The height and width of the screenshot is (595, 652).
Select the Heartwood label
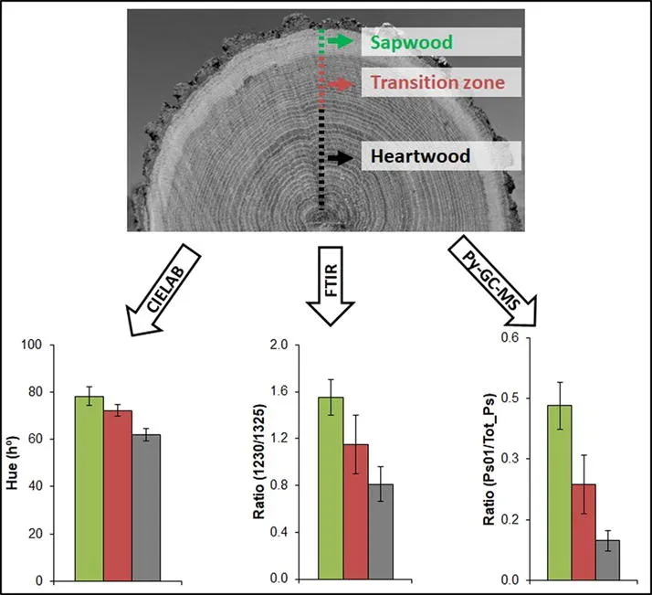coord(420,156)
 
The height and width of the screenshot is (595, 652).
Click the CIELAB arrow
coord(174,278)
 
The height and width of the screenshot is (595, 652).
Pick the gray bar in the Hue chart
coord(145,507)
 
